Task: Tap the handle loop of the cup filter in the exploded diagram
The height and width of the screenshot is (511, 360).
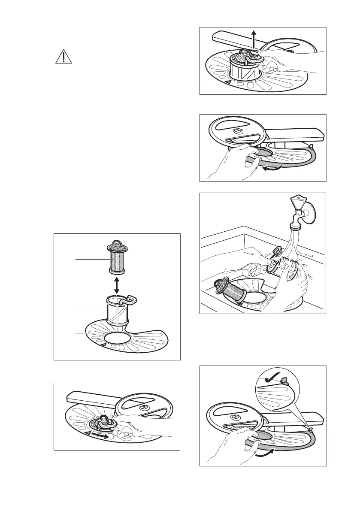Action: pyautogui.click(x=133, y=299)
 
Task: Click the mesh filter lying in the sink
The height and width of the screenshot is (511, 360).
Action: pyautogui.click(x=232, y=291)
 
